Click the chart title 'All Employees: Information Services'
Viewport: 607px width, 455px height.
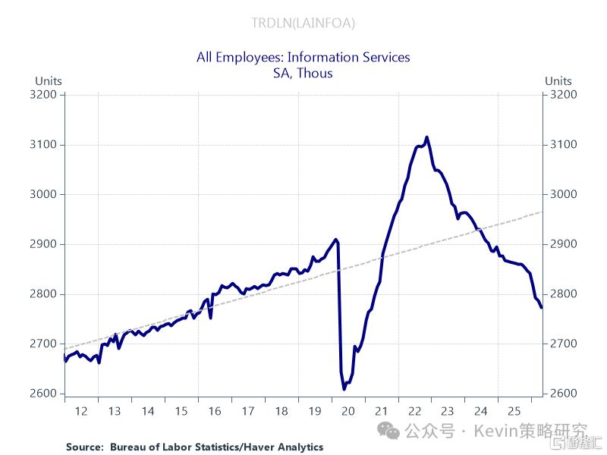[x=303, y=58]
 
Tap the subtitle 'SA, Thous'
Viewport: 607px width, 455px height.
[x=303, y=73]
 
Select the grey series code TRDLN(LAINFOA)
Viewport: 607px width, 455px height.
[x=303, y=24]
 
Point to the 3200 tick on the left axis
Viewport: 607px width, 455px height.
[x=43, y=94]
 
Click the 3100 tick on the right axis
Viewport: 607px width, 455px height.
[x=563, y=144]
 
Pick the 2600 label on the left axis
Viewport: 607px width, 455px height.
[x=43, y=393]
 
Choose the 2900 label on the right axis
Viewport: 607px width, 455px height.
[x=563, y=243]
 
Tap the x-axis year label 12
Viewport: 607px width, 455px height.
[x=81, y=411]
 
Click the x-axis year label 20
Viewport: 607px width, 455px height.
[x=348, y=411]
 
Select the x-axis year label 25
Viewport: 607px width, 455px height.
[x=514, y=411]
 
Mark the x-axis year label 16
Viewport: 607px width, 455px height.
[x=215, y=411]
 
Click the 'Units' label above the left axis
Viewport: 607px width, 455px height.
[x=49, y=81]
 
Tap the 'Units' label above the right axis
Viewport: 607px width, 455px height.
[x=558, y=81]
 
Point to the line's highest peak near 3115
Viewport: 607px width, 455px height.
[x=427, y=137]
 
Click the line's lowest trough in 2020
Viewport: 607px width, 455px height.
[x=344, y=389]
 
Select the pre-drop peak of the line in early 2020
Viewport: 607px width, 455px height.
[x=335, y=240]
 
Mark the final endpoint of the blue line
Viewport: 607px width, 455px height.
[x=542, y=308]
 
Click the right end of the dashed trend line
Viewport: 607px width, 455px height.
[x=542, y=212]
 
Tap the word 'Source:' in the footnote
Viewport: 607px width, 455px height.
[x=85, y=447]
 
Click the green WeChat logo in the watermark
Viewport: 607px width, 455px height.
[x=388, y=431]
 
